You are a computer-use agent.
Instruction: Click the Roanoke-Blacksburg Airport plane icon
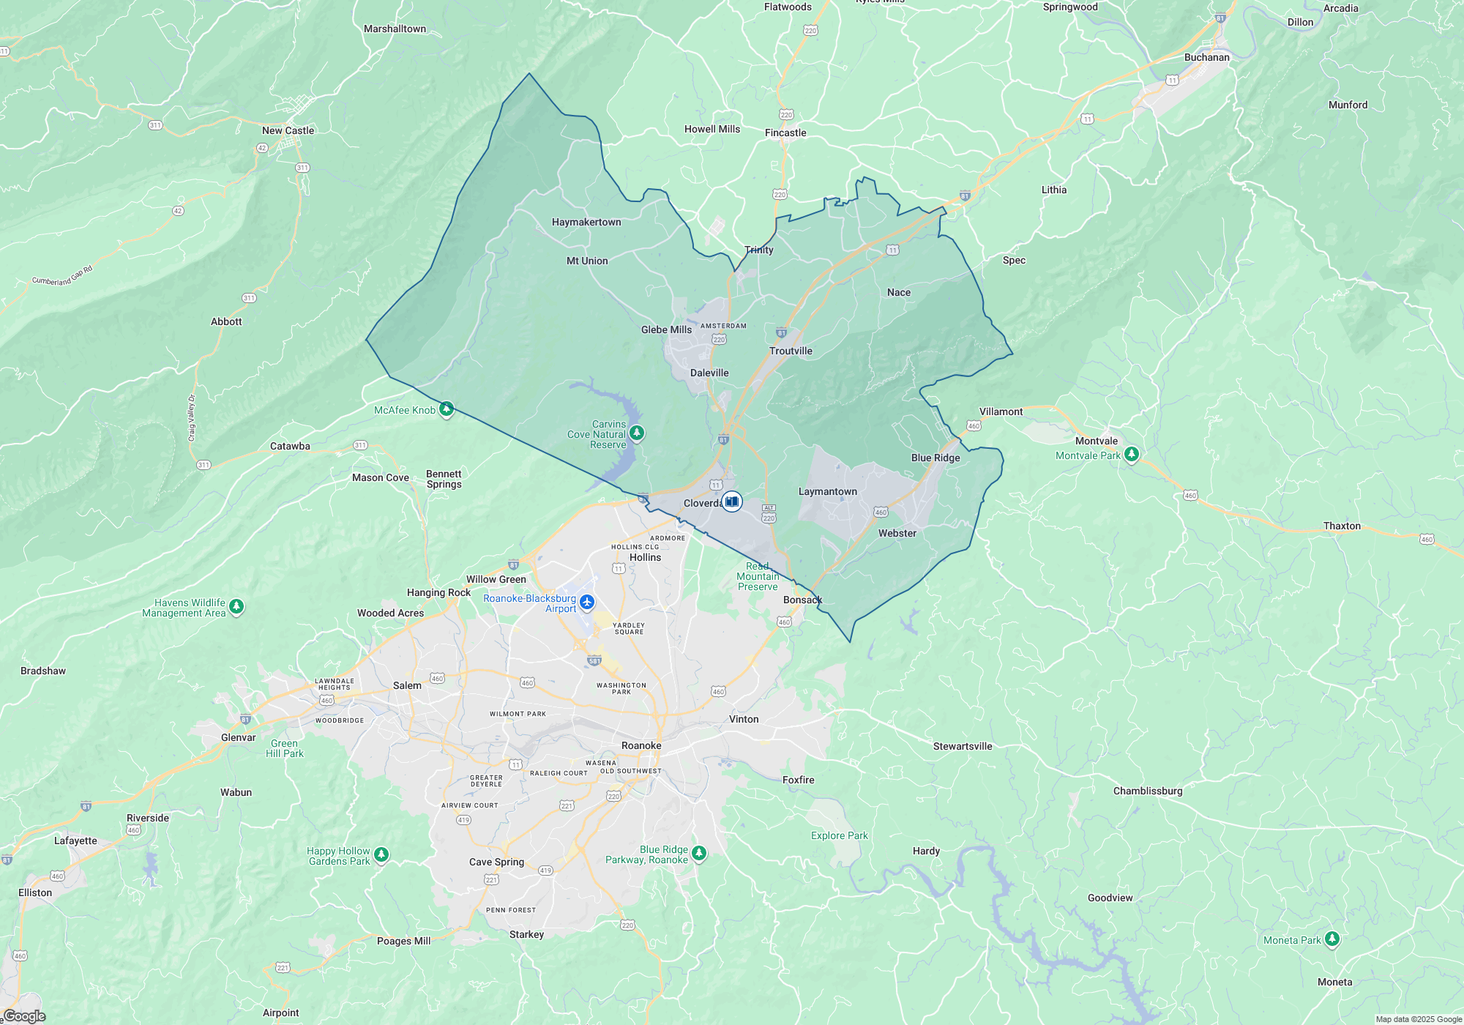587,603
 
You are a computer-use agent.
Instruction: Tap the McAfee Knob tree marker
446,409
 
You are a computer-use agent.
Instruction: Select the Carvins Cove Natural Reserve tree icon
637,433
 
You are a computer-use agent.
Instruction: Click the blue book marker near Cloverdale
731,502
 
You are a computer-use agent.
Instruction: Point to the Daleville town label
709,373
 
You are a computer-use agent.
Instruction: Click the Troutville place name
791,351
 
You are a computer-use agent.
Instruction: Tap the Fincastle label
785,133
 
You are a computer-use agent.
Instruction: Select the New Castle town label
288,130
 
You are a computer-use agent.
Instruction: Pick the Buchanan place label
1207,57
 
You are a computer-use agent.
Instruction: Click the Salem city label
407,685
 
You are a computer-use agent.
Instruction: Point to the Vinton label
744,719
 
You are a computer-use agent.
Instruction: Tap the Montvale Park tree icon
1132,455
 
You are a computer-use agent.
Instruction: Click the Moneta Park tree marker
1332,939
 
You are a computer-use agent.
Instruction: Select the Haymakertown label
586,222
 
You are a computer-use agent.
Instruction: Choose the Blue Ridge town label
935,458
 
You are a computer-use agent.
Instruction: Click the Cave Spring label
496,862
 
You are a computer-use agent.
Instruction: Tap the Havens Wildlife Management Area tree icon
236,606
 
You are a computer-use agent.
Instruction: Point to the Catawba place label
290,446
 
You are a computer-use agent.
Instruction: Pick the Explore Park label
839,835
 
